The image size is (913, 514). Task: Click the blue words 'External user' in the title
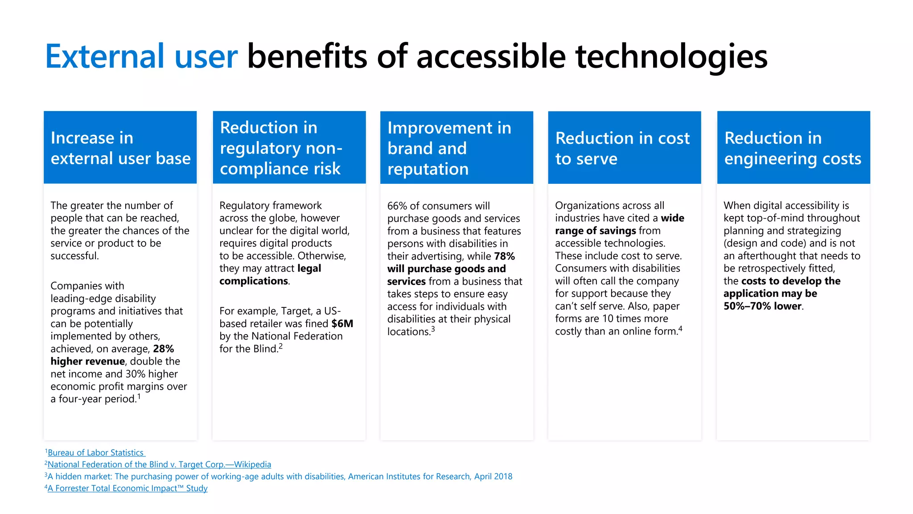coord(141,57)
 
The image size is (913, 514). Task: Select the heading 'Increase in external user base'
coord(120,148)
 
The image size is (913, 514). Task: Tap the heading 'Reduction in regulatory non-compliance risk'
coord(281,148)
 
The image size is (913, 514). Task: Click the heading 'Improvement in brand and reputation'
coord(449,148)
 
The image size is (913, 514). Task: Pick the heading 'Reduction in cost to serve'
coord(622,148)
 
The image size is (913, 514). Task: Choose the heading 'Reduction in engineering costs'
coord(793,148)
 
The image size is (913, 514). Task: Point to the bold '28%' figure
coord(163,349)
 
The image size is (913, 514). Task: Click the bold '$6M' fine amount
coord(342,323)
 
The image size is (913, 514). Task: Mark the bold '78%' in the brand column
coord(504,256)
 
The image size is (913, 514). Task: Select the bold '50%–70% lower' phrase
coord(762,306)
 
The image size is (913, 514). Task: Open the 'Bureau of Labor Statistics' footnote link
coord(96,452)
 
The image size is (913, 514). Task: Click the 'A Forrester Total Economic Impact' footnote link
coord(127,488)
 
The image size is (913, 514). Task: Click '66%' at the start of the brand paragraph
coord(396,206)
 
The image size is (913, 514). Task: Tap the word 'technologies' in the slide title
coord(671,57)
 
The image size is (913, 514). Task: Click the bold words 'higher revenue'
coord(87,361)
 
